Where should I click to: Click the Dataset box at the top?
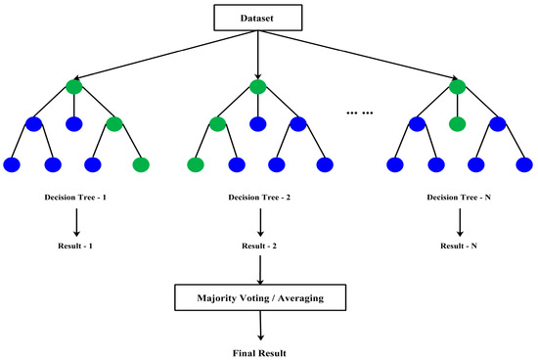tap(257, 19)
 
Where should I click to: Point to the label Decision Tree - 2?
tap(258, 198)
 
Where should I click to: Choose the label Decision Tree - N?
tap(458, 198)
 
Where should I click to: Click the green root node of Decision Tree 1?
tap(75, 87)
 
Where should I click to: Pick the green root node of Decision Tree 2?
tap(258, 87)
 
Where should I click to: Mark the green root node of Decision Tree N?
tap(458, 87)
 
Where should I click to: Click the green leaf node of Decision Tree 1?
tap(139, 163)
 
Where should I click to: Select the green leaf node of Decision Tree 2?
tap(197, 163)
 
